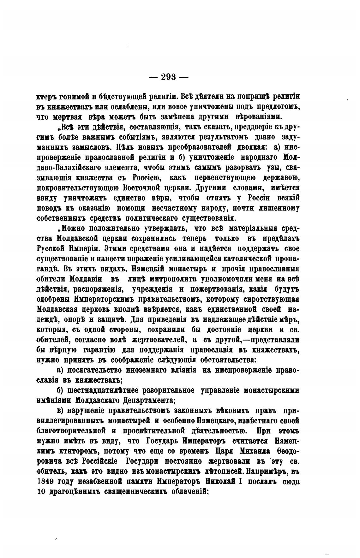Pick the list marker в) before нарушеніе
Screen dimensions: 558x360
click(x=61, y=411)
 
